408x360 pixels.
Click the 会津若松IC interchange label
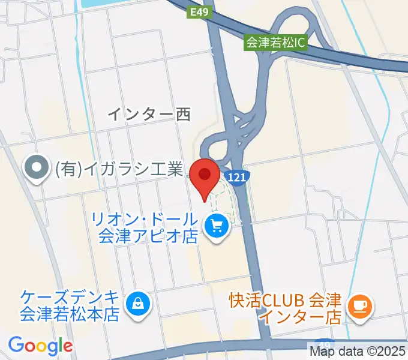[275, 43]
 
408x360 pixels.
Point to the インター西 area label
[148, 114]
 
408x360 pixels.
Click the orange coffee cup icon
[362, 306]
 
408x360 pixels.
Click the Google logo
[40, 346]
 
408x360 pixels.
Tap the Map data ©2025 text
[358, 351]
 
